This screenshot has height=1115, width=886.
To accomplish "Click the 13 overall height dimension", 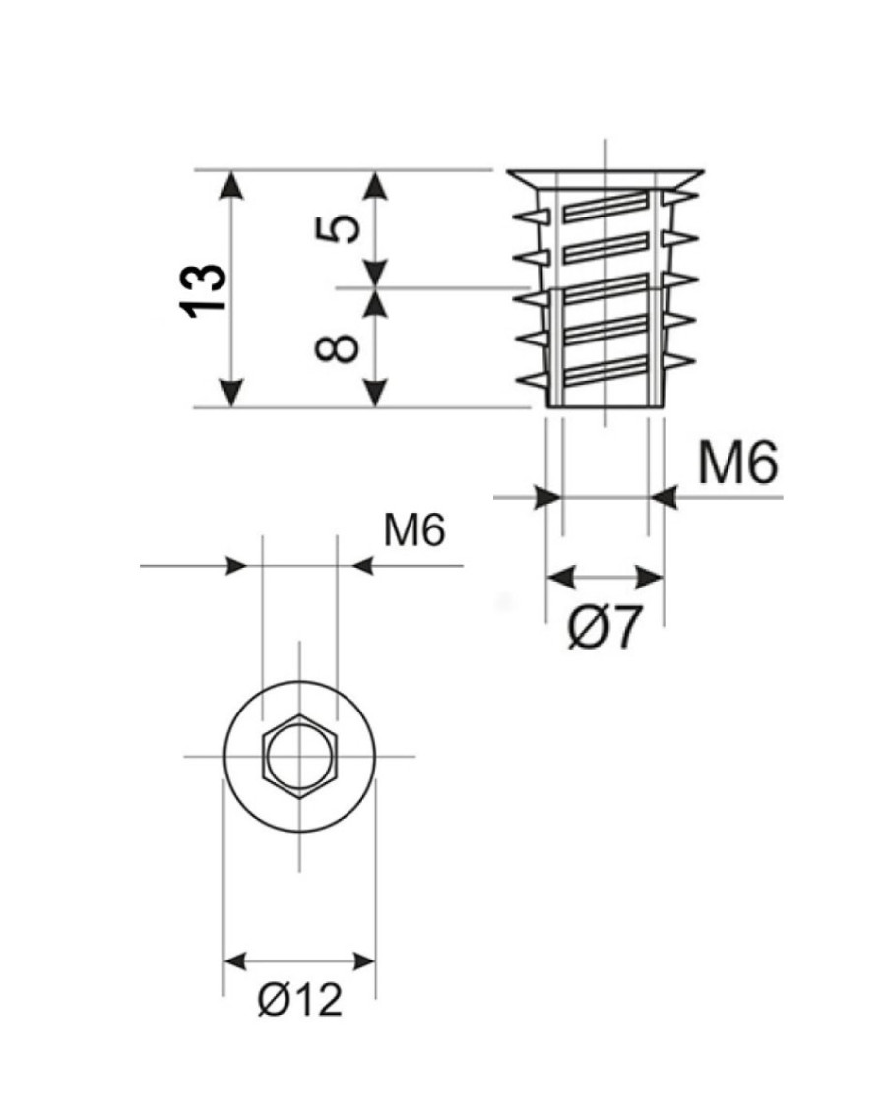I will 205,288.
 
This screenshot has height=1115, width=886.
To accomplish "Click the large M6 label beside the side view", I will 737,463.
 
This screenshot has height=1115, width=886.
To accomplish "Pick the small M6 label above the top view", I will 414,531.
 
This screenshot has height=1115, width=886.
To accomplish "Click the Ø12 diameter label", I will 300,1001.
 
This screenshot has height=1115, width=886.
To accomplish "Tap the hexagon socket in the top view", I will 300,755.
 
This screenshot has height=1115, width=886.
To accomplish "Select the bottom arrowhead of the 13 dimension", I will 230,393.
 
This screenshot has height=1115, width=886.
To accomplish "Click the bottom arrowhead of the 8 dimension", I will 375,393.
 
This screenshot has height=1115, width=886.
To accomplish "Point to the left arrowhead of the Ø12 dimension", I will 237,960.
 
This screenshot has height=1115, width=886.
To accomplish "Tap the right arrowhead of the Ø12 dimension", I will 363,960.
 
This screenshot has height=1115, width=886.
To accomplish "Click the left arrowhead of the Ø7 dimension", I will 559,576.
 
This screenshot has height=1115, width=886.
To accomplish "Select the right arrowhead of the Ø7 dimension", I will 651,576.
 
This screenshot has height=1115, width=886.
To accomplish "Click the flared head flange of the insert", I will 604,179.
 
